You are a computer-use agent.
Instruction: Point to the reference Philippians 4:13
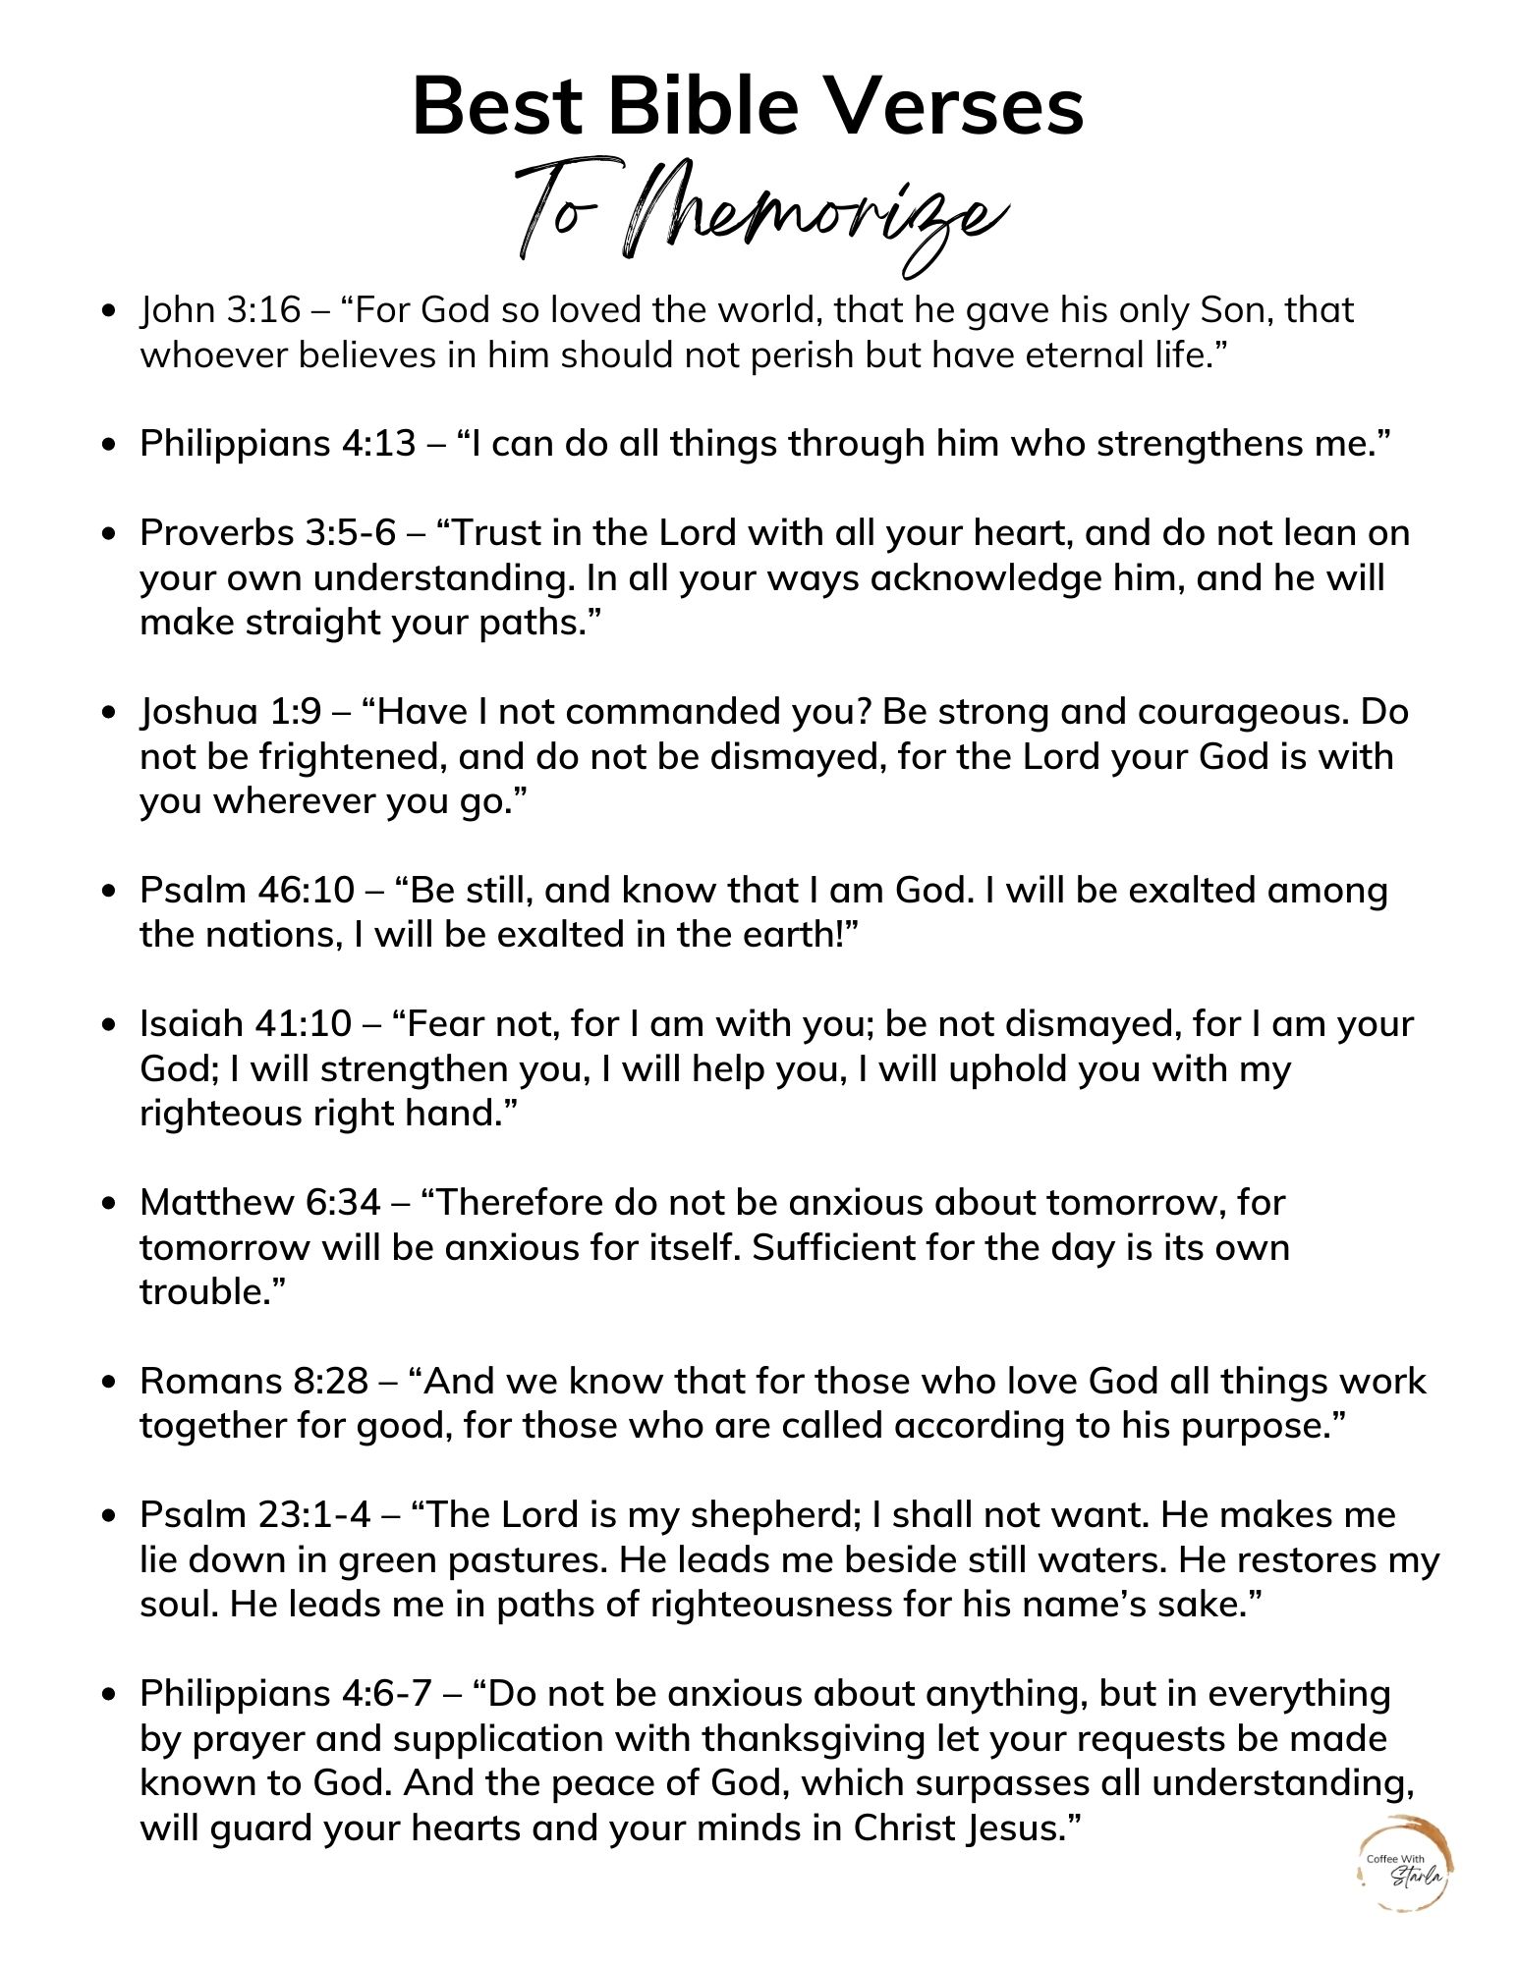coord(278,444)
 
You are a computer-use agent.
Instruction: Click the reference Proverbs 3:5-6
coord(267,533)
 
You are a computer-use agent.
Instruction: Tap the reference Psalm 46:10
coord(247,890)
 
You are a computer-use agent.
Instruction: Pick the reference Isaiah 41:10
coord(246,1024)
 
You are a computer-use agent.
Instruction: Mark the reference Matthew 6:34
coord(260,1202)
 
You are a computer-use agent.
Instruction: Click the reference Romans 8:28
coord(253,1381)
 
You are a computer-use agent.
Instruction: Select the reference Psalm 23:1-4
coord(255,1515)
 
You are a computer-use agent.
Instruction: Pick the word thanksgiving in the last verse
coord(815,1739)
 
